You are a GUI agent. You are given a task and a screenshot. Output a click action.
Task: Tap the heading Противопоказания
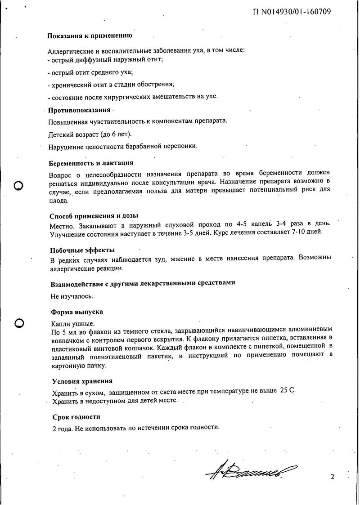(x=79, y=110)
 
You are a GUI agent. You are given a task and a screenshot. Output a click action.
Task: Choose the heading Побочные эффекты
(x=82, y=250)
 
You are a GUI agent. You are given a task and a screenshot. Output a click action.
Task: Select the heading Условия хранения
(x=82, y=381)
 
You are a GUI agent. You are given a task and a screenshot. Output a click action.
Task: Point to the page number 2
(x=332, y=477)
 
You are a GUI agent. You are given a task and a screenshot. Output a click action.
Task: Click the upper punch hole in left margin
(x=19, y=185)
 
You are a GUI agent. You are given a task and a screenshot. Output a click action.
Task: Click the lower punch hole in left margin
(x=19, y=322)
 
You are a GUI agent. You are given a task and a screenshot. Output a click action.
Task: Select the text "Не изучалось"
(x=72, y=297)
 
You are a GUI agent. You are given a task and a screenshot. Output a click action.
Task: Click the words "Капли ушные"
(x=72, y=324)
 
